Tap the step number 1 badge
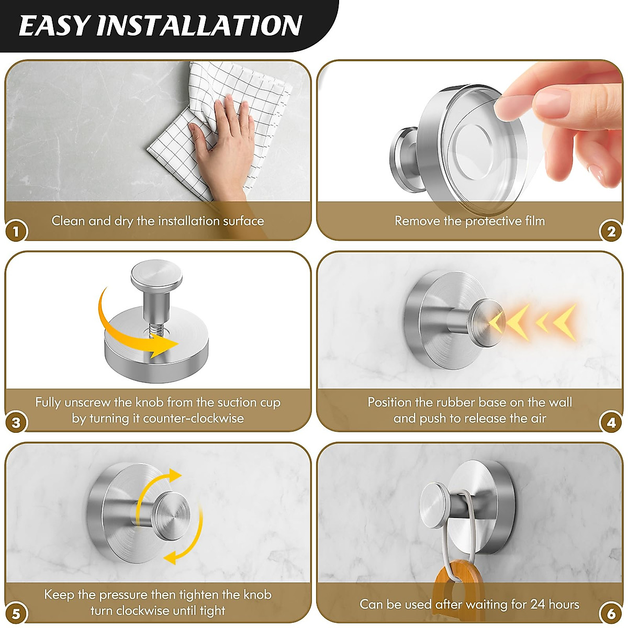coord(16,231)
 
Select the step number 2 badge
coord(611,231)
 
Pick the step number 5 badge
coord(16,614)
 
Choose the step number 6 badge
coord(611,614)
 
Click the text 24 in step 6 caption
coord(537,604)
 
